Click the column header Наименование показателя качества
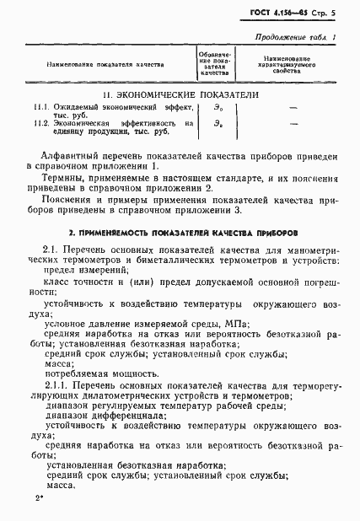pos(108,62)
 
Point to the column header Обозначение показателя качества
pos(214,62)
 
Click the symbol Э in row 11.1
pos(215,110)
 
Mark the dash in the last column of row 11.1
pos(293,109)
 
